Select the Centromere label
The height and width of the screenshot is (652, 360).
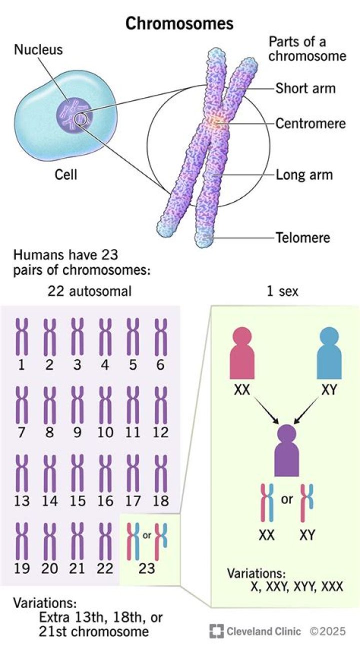(310, 123)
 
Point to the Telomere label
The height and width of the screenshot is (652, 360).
(303, 237)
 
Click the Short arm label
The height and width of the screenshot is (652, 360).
(305, 88)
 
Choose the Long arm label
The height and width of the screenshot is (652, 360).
(304, 175)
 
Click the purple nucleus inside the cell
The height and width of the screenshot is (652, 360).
(73, 114)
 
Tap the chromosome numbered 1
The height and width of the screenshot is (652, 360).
(21, 337)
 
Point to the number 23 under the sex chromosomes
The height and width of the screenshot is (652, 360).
(146, 569)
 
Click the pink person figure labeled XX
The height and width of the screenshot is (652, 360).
(242, 353)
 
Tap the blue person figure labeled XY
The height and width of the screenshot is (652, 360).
(329, 353)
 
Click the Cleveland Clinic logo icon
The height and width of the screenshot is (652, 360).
(216, 631)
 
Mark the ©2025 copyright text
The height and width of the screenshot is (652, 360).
(327, 632)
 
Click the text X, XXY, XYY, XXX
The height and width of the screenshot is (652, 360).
(296, 586)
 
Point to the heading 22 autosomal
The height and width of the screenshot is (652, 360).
(89, 291)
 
